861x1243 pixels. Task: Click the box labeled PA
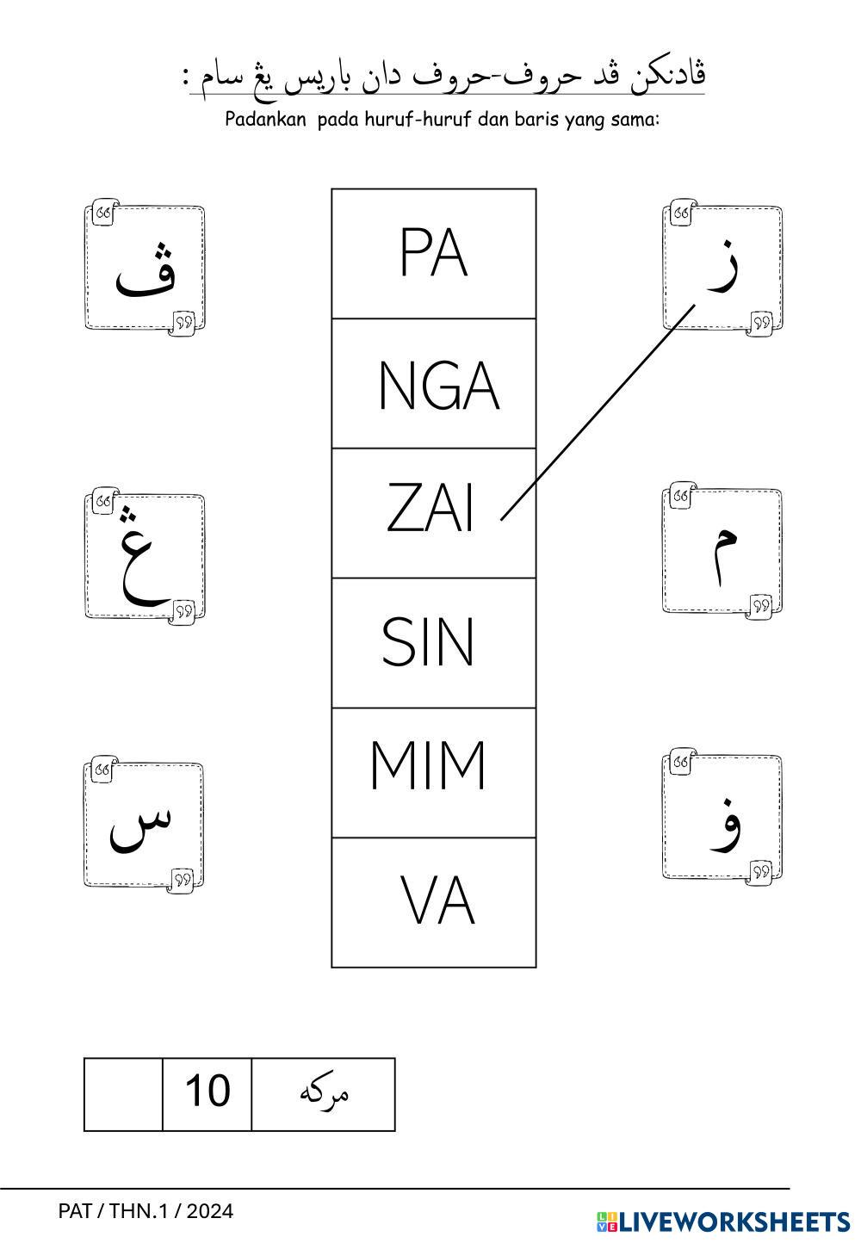(x=433, y=254)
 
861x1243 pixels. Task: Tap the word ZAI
(x=430, y=509)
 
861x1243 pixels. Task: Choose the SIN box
(x=428, y=642)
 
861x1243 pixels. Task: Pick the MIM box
(x=428, y=765)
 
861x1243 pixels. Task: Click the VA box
(x=437, y=902)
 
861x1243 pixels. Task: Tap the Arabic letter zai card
(x=722, y=268)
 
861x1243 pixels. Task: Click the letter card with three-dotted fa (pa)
(x=145, y=268)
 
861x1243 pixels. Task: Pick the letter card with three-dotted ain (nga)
(x=145, y=556)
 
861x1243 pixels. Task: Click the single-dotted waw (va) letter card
(x=722, y=818)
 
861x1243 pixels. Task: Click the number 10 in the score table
(x=208, y=1091)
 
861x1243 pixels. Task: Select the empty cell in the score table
(x=123, y=1093)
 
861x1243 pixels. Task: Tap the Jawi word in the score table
(x=324, y=1093)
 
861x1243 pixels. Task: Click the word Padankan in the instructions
(x=265, y=120)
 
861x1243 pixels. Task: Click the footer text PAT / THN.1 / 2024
(x=146, y=1211)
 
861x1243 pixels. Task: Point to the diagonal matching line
(x=598, y=411)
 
